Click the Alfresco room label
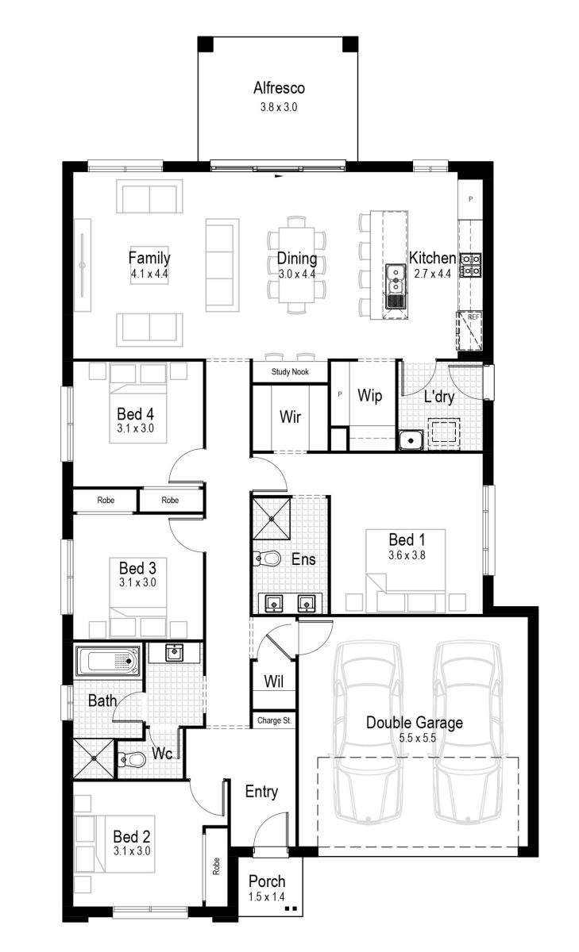(x=279, y=89)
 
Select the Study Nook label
(x=289, y=371)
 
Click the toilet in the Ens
(x=268, y=559)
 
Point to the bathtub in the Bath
(x=107, y=661)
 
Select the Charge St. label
(x=274, y=721)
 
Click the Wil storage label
(x=273, y=681)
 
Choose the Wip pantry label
(x=371, y=395)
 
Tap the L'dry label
(x=438, y=397)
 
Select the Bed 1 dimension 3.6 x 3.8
(x=407, y=555)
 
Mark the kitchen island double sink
(x=395, y=286)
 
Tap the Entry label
(x=261, y=792)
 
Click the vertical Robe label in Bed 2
(x=215, y=866)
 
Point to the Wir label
(x=289, y=416)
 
